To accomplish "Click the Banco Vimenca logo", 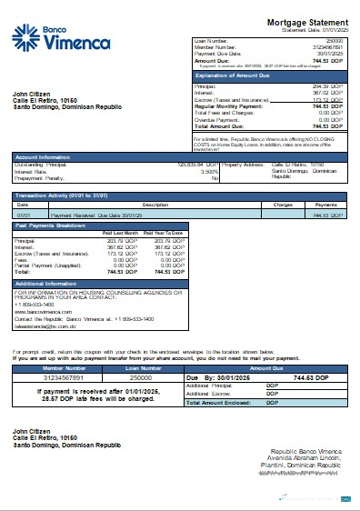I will click(51, 37).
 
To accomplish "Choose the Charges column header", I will click(283, 205).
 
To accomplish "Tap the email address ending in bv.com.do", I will click(45, 326).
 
